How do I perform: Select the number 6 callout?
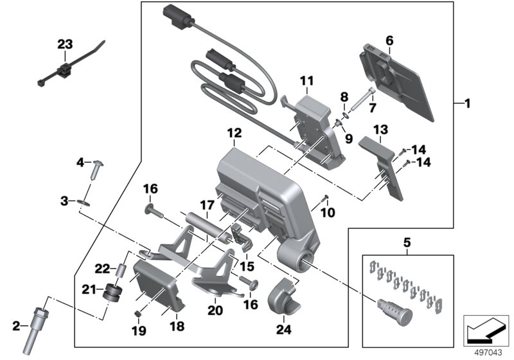(389, 40)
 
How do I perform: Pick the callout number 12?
(234, 134)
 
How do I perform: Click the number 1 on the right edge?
(467, 103)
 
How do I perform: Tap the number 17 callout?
(206, 205)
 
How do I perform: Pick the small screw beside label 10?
(326, 197)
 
